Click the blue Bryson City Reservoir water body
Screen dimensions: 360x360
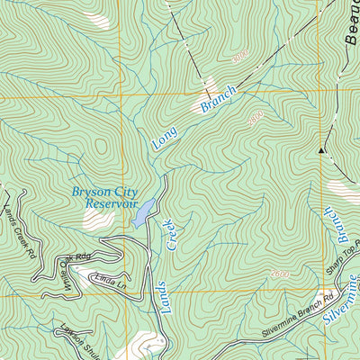(x=142, y=211)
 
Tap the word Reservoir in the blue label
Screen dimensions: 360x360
(x=109, y=204)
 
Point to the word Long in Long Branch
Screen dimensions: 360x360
(x=165, y=136)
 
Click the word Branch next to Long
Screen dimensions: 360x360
(x=218, y=100)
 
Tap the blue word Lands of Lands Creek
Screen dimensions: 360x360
(x=173, y=292)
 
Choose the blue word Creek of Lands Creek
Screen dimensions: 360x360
(x=168, y=233)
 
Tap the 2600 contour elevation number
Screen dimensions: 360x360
(x=279, y=274)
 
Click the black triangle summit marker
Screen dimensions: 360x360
(x=320, y=150)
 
